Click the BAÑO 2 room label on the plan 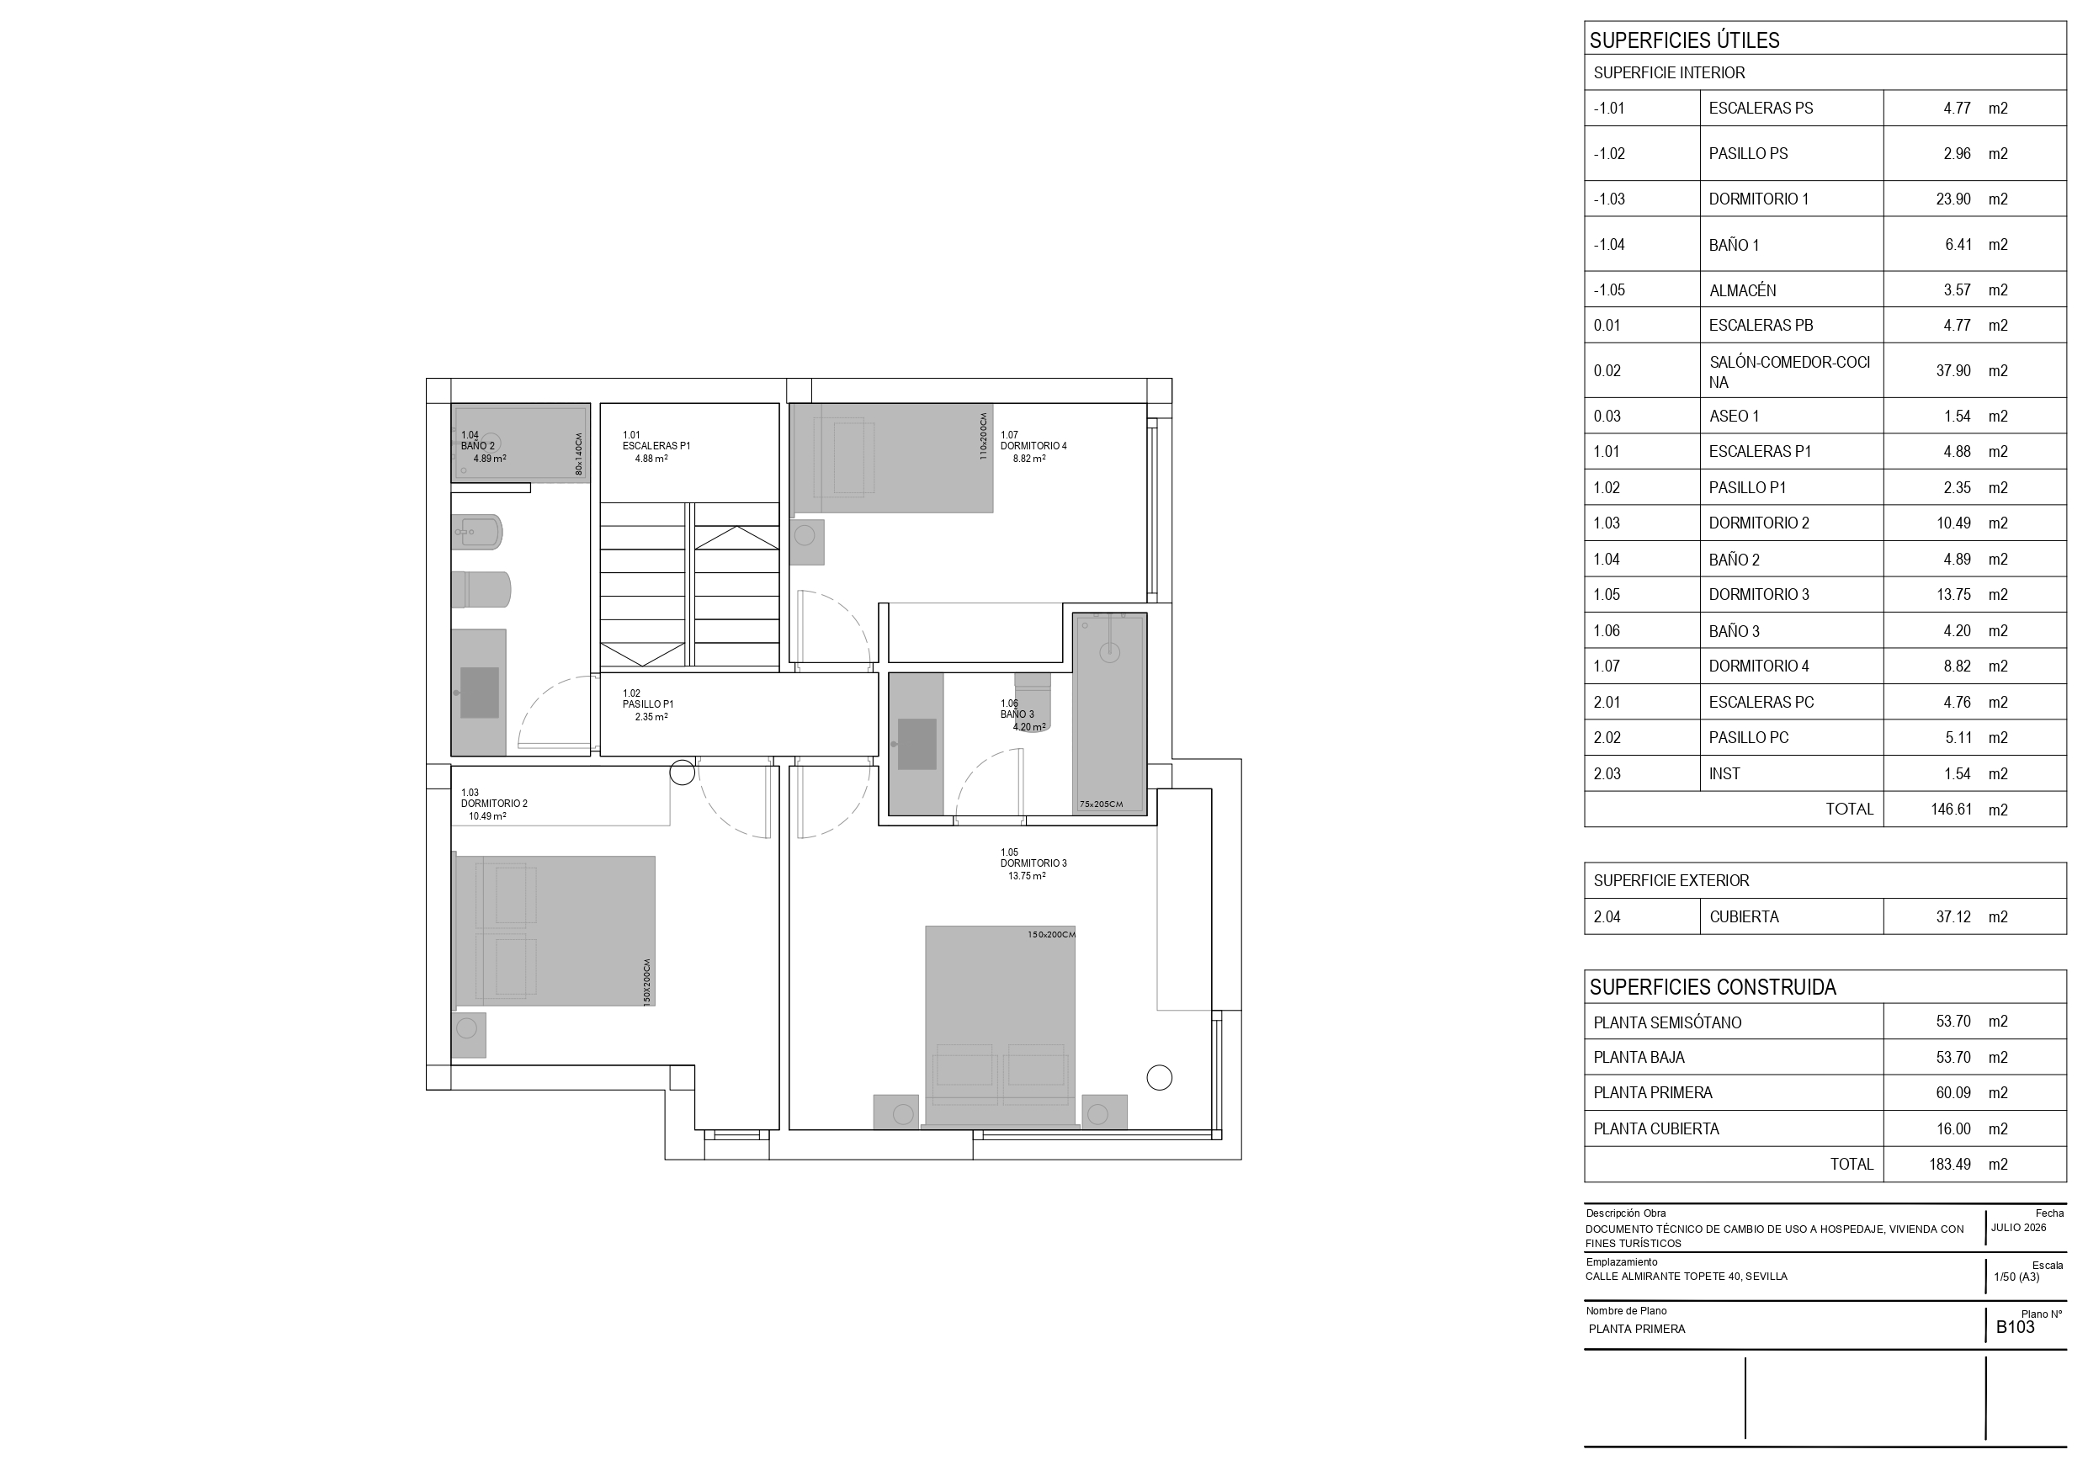click(x=477, y=447)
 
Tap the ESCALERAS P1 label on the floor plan click(x=656, y=447)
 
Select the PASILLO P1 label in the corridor click(x=647, y=705)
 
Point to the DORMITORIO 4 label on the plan click(x=1033, y=447)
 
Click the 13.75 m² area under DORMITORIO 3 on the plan click(x=1027, y=877)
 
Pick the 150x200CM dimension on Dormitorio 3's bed click(x=1051, y=935)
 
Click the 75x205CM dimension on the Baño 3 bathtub click(x=1102, y=804)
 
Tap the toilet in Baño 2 click(x=481, y=589)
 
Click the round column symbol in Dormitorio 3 click(x=1159, y=1078)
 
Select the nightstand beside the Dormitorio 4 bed click(x=806, y=542)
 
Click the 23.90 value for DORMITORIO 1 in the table click(x=1953, y=199)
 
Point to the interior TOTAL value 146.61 click(x=1951, y=810)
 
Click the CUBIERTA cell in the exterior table click(x=1743, y=916)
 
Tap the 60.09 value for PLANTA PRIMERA click(x=1953, y=1093)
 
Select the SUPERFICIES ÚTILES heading click(x=1684, y=40)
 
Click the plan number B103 click(x=2016, y=1327)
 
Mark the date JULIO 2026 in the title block click(x=2019, y=1228)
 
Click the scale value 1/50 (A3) click(x=2016, y=1277)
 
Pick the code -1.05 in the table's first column click(x=1609, y=290)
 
